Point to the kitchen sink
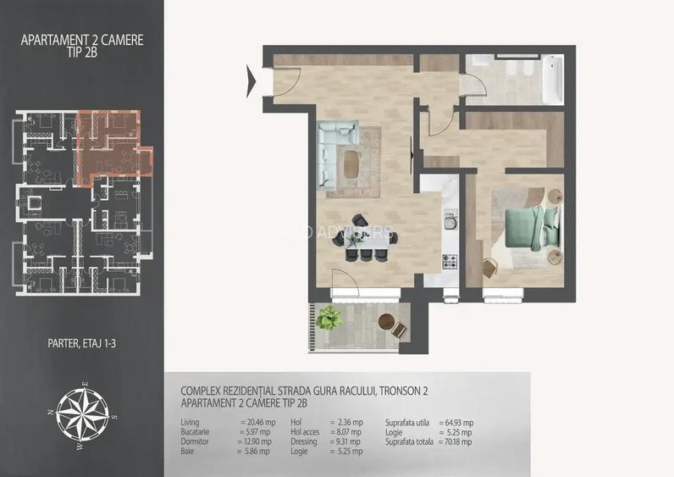click(x=450, y=226)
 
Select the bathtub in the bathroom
click(x=552, y=79)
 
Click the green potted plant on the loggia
click(x=329, y=319)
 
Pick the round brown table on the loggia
click(x=387, y=322)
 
